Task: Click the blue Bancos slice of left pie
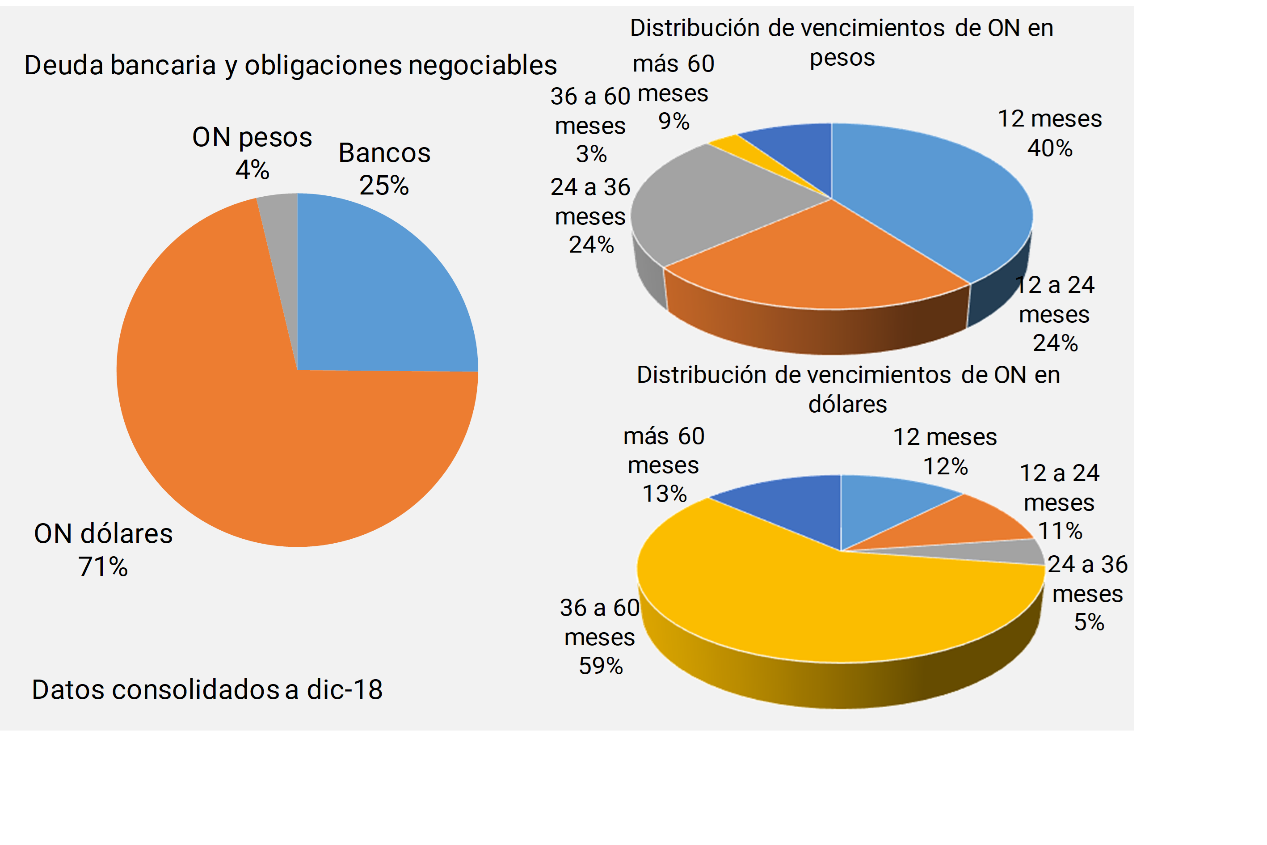click(372, 291)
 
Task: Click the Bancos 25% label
click(384, 169)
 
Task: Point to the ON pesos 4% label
click(252, 153)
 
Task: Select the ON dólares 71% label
click(103, 549)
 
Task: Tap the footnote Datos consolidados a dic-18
click(207, 689)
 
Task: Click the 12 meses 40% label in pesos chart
click(1049, 133)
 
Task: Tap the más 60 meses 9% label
click(673, 92)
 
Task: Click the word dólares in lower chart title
click(847, 404)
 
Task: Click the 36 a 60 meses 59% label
click(600, 637)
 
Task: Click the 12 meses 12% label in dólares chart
click(945, 451)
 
